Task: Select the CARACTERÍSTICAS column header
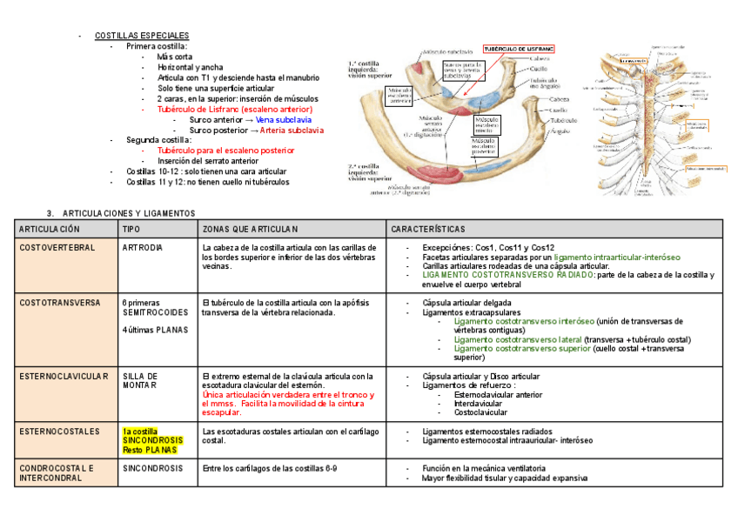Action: [x=428, y=229]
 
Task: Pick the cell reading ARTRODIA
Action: [x=143, y=248]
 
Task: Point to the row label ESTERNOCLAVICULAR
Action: [x=64, y=376]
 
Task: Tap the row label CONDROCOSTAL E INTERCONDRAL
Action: [x=57, y=472]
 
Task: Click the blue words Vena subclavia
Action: [x=283, y=120]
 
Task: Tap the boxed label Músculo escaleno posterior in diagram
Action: [x=489, y=144]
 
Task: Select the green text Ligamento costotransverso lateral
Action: [x=517, y=339]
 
